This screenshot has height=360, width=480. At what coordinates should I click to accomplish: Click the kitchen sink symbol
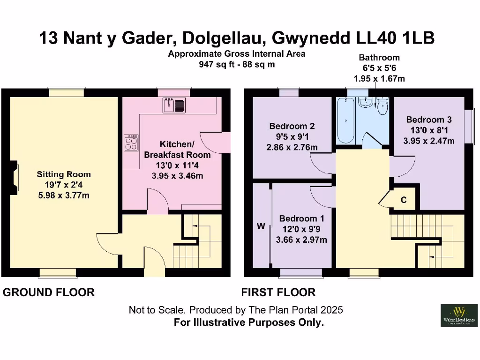pos(174,105)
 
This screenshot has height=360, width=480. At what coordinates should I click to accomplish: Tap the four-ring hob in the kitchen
pos(131,142)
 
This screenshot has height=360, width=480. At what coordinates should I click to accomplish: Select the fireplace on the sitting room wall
pos(14,178)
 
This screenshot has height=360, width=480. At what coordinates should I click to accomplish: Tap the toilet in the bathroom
pos(383,106)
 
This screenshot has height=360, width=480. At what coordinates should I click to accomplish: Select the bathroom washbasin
pos(364,103)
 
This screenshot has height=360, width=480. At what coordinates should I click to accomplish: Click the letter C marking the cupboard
pos(403,200)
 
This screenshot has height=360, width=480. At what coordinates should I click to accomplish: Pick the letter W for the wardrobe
pos(261,226)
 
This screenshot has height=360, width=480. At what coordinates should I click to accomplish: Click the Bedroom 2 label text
pos(292,126)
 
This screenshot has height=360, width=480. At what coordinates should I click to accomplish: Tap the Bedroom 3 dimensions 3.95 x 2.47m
pos(430,141)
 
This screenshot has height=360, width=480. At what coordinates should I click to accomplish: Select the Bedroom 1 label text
pos(301,218)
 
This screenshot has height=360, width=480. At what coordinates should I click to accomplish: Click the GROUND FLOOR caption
pos(49,292)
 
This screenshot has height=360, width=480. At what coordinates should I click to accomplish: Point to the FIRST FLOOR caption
pos(278,292)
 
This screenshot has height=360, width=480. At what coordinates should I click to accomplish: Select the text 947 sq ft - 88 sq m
pos(237,64)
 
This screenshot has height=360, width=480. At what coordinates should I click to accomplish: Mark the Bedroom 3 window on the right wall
pos(467,126)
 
